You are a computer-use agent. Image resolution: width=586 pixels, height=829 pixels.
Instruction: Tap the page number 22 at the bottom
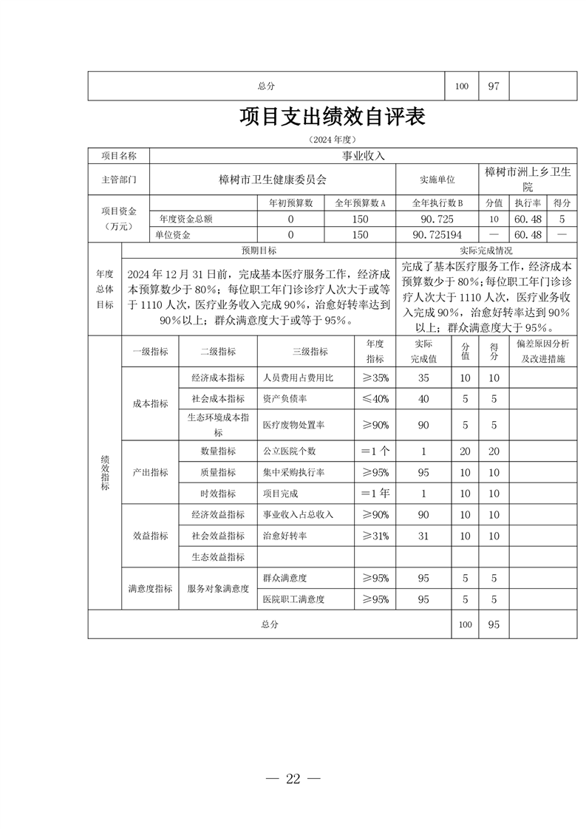[293, 778]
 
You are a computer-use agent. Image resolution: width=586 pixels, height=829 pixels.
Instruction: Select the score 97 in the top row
[494, 86]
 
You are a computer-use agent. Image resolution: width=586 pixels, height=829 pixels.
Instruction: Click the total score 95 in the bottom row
[494, 624]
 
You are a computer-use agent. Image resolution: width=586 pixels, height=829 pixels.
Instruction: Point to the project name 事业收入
[363, 156]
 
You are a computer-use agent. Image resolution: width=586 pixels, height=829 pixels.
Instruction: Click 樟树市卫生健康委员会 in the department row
[273, 179]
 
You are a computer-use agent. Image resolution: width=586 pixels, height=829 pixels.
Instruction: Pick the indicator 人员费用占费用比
[299, 378]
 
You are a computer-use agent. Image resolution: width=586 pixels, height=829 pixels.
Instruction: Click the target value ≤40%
[375, 399]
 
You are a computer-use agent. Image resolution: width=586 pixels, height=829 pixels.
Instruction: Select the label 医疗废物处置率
[294, 425]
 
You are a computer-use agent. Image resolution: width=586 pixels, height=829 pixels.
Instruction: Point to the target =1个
[375, 451]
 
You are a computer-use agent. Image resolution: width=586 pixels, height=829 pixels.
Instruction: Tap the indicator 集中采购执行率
[294, 472]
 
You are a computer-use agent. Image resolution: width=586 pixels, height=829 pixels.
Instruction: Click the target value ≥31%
[375, 536]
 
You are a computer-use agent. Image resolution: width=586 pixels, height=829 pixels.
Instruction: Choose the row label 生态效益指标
[218, 556]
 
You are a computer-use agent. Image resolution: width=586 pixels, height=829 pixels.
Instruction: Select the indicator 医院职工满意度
[294, 599]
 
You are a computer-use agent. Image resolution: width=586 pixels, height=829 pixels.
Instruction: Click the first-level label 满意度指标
[150, 589]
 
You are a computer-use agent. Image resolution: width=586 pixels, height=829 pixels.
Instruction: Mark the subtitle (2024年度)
[332, 139]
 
